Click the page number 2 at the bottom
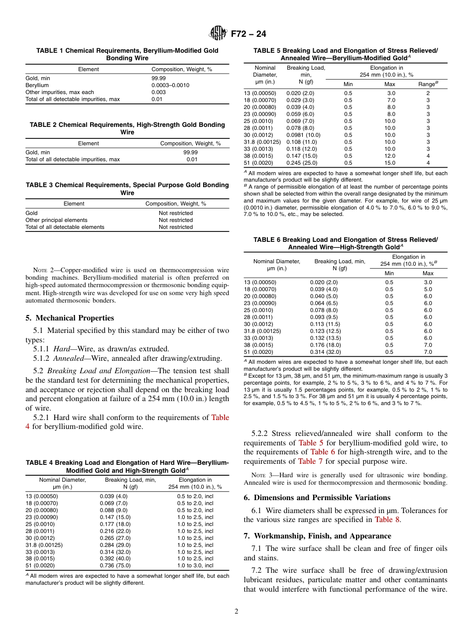pos(236,611)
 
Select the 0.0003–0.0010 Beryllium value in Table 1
pos(170,85)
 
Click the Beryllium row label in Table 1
pos(37,85)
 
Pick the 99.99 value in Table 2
pos(190,152)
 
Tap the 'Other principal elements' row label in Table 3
pos(56,220)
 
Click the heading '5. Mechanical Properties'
pos(69,318)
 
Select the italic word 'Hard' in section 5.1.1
pos(62,348)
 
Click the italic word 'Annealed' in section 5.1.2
pos(69,358)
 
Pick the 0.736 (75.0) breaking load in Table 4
pos(114,565)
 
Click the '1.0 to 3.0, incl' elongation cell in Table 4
pos(195,565)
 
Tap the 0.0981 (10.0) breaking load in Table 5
pos(303,135)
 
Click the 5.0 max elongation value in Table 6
pos(428,289)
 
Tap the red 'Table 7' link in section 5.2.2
pos(310,461)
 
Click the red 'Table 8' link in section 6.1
pos(386,520)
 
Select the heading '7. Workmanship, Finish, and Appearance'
pos(317,536)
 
